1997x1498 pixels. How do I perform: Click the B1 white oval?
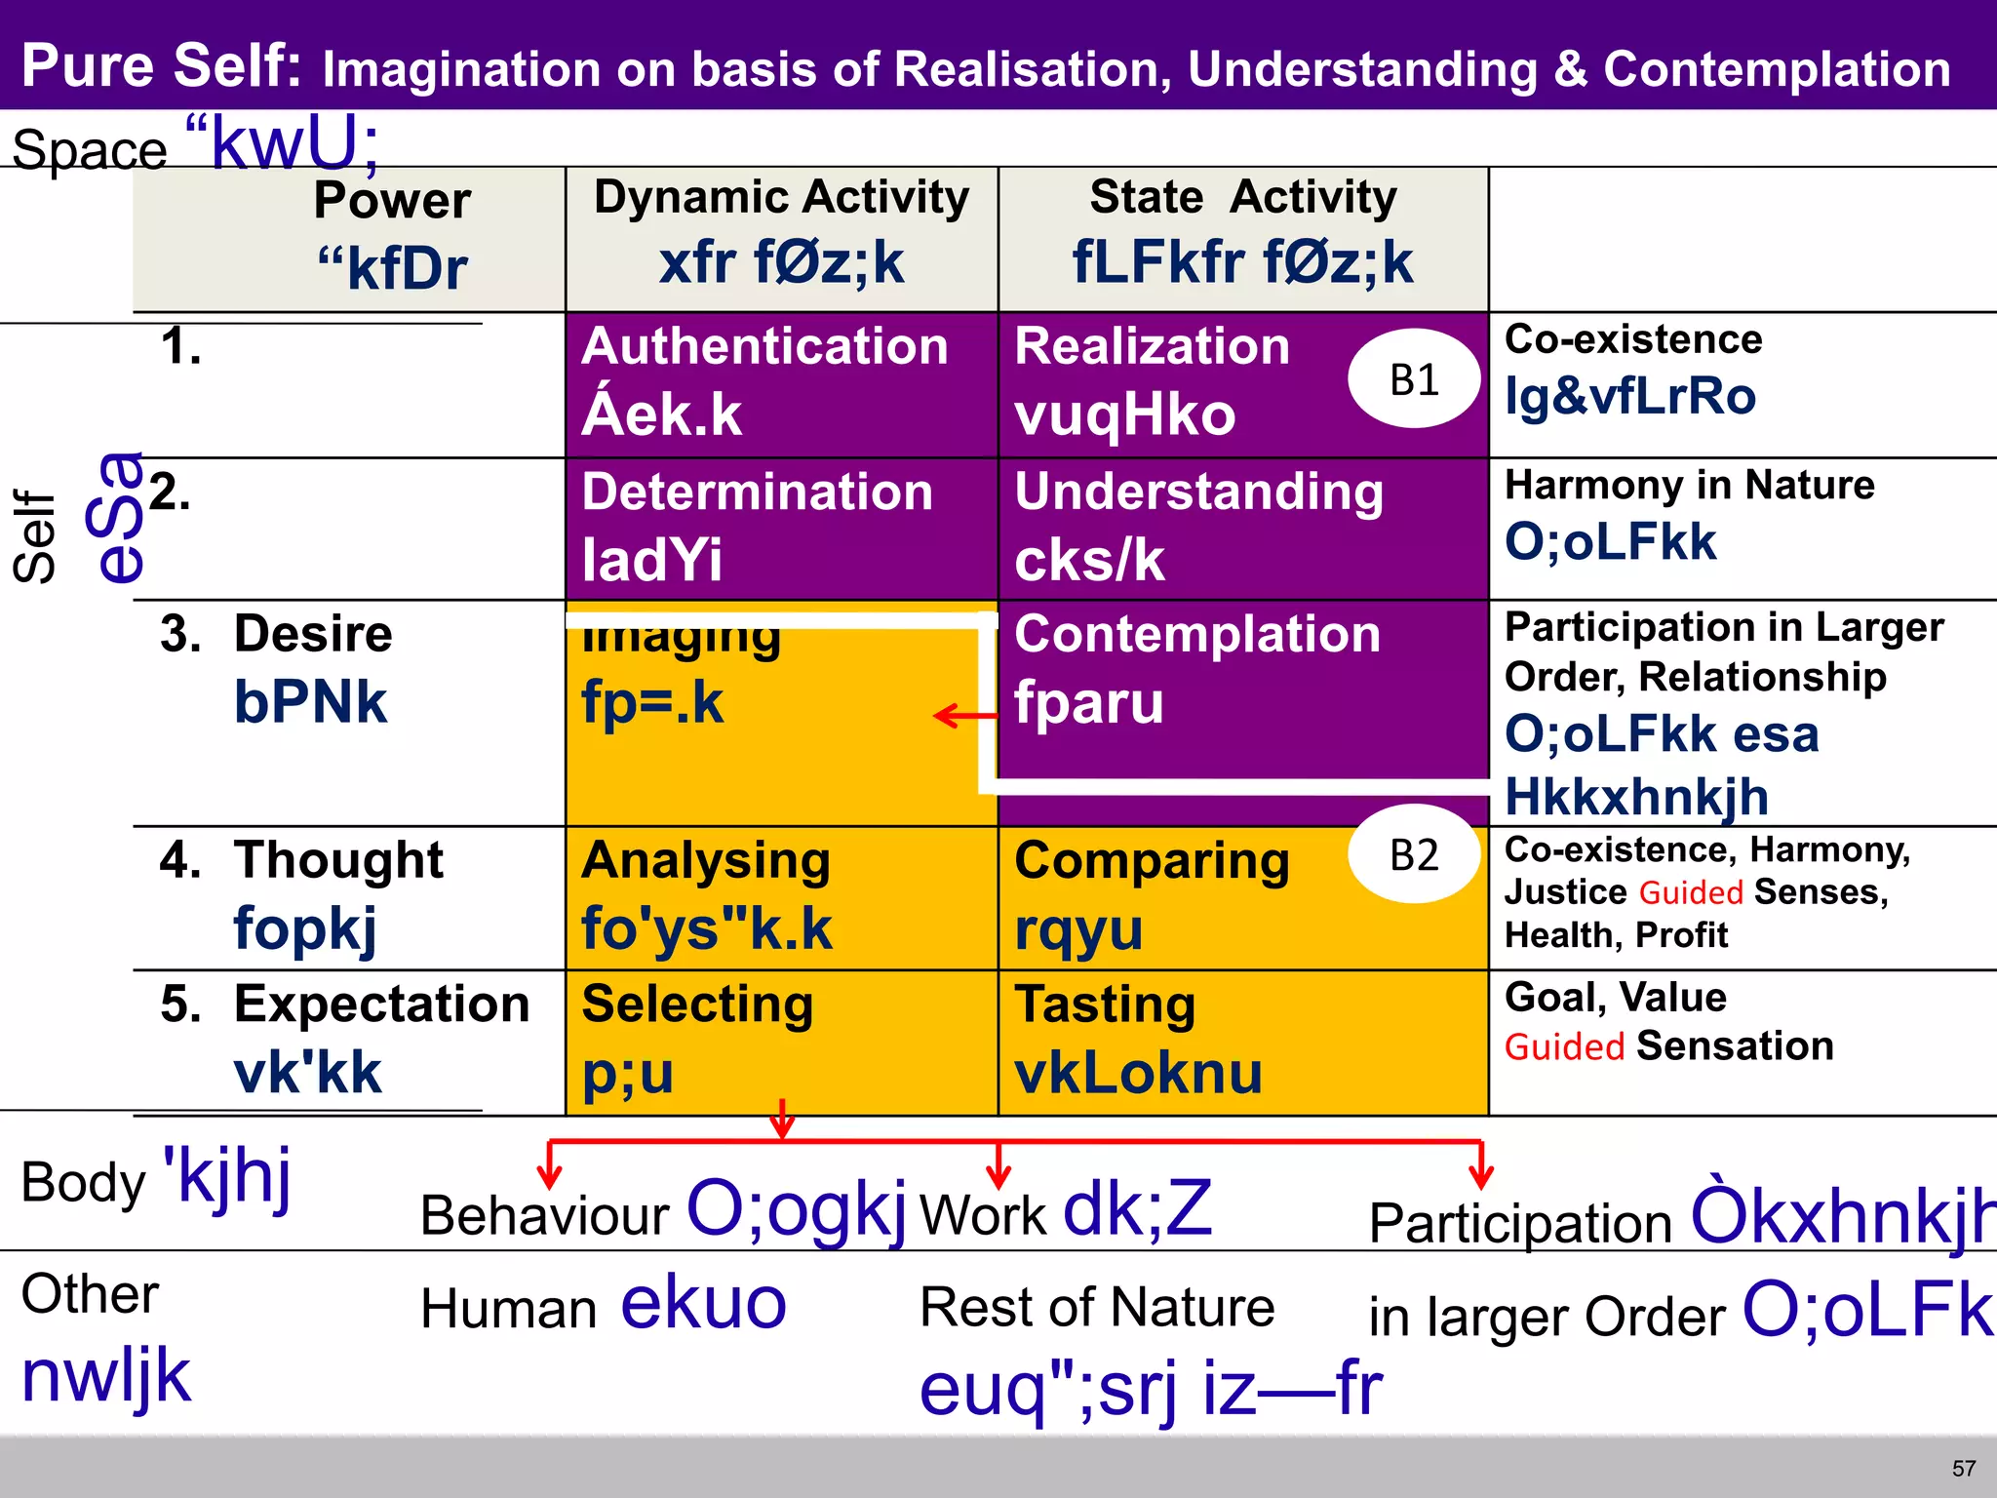coord(1414,379)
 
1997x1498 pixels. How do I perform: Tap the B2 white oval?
coord(1414,855)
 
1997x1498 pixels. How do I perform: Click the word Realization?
coord(1152,347)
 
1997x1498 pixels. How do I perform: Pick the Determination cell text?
coord(757,493)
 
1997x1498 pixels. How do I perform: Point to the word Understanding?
coord(1198,492)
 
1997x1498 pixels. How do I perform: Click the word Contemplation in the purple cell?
coord(1197,635)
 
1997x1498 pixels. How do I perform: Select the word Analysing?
coord(706,861)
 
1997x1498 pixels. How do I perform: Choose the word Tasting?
coord(1105,1005)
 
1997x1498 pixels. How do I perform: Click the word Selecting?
coord(697,1005)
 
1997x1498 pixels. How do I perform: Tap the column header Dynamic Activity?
coord(781,198)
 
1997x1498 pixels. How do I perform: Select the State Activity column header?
coord(1243,198)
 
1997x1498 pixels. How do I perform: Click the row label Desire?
coord(313,635)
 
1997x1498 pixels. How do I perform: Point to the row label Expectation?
coord(381,1005)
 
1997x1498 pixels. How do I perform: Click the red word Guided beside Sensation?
coord(1564,1047)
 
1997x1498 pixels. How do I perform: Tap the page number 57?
coord(1964,1469)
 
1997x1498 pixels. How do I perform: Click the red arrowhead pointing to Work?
coord(998,1174)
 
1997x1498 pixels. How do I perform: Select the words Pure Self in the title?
coord(162,66)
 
